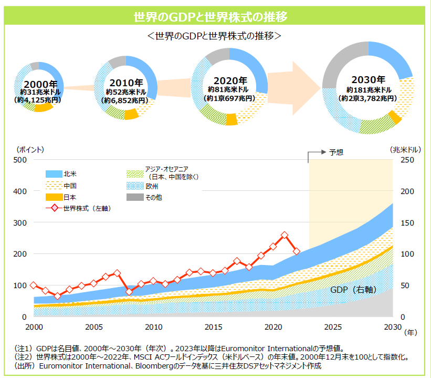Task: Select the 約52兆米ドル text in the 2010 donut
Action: click(x=126, y=92)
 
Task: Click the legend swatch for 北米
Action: click(x=54, y=173)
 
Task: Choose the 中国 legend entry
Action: click(x=70, y=186)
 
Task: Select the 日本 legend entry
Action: click(x=70, y=197)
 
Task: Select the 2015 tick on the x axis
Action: click(x=213, y=327)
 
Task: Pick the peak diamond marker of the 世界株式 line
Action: click(x=285, y=235)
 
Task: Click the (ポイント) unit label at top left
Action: click(x=30, y=149)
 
